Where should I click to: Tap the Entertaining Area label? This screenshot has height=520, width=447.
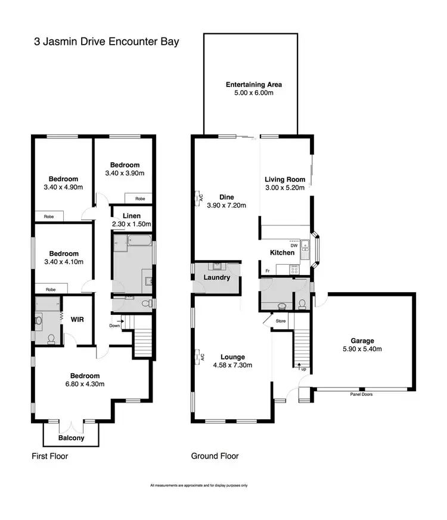253,85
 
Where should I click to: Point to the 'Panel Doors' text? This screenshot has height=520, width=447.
361,394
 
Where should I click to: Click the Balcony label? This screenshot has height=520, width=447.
71,438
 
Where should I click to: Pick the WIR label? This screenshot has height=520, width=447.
77,320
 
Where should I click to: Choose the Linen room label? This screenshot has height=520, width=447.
131,216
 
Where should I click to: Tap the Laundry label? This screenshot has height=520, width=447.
216,277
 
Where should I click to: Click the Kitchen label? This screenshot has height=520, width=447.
282,253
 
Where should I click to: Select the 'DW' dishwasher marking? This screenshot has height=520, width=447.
293,245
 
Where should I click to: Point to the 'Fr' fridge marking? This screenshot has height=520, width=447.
268,272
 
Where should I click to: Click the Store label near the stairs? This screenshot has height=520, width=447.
280,321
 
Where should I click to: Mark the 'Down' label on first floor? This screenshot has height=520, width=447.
115,326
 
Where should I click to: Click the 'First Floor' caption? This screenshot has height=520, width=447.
49,457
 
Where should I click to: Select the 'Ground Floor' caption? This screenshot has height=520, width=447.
215,456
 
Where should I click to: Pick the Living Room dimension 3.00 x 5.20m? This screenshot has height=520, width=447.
285,188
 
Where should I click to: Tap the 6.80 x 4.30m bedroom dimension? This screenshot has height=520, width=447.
85,384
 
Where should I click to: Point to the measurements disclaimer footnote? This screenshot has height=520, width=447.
198,485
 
